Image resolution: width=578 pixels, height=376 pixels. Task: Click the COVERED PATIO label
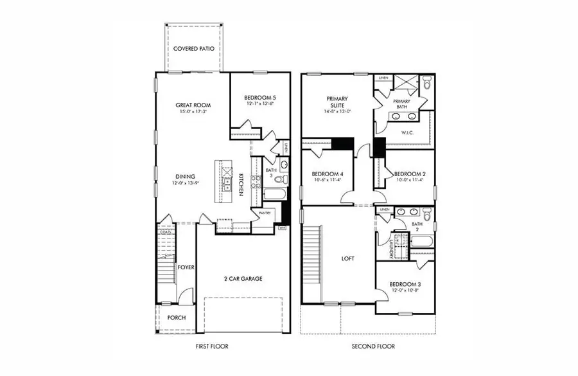pyautogui.click(x=194, y=48)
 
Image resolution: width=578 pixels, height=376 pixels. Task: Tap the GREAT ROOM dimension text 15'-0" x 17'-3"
pyautogui.click(x=194, y=112)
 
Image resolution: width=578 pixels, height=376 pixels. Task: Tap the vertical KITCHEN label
pyautogui.click(x=240, y=185)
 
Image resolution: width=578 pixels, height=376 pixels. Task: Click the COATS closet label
pyautogui.click(x=165, y=231)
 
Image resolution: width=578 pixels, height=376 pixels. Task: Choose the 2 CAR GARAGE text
pyautogui.click(x=243, y=278)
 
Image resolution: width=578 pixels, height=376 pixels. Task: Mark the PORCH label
pyautogui.click(x=177, y=318)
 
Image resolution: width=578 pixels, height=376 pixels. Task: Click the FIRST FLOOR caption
pyautogui.click(x=212, y=346)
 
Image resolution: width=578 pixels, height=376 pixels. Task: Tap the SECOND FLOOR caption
pyautogui.click(x=373, y=346)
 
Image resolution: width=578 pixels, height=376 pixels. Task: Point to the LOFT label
pyautogui.click(x=347, y=258)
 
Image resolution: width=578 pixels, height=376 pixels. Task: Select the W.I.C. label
pyautogui.click(x=407, y=133)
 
